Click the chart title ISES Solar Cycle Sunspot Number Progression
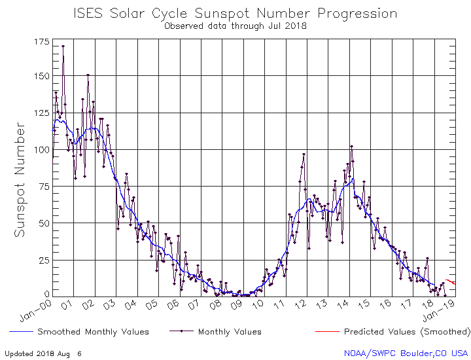tap(235, 13)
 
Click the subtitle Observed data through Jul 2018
tap(235, 26)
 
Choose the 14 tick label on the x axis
tap(343, 305)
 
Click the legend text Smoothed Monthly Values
tap(93, 332)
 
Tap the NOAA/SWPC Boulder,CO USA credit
tap(406, 353)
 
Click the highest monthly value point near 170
tap(63, 46)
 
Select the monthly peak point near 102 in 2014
tap(351, 147)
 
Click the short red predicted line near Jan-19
tap(451, 281)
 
